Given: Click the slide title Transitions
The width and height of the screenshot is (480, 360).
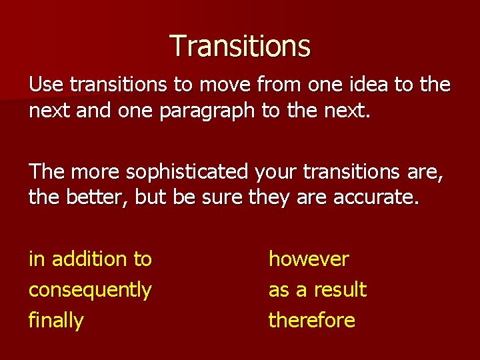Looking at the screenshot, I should tap(240, 46).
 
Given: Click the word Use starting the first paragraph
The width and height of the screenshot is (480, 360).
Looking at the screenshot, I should tap(45, 85).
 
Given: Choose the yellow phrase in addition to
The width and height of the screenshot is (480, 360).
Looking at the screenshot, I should tap(90, 259).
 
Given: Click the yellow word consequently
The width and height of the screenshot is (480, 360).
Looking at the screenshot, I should tap(90, 290).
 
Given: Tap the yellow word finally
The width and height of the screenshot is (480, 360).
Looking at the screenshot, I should tap(56, 321).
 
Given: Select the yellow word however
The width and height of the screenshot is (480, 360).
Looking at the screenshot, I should tap(309, 259).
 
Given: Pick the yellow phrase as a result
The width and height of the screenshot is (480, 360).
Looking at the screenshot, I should tap(317, 290).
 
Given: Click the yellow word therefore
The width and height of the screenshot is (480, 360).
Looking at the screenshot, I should tap(311, 321).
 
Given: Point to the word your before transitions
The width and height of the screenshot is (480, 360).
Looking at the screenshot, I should tap(276, 173).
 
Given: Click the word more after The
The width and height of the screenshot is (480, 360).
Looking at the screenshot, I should tap(91, 173).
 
